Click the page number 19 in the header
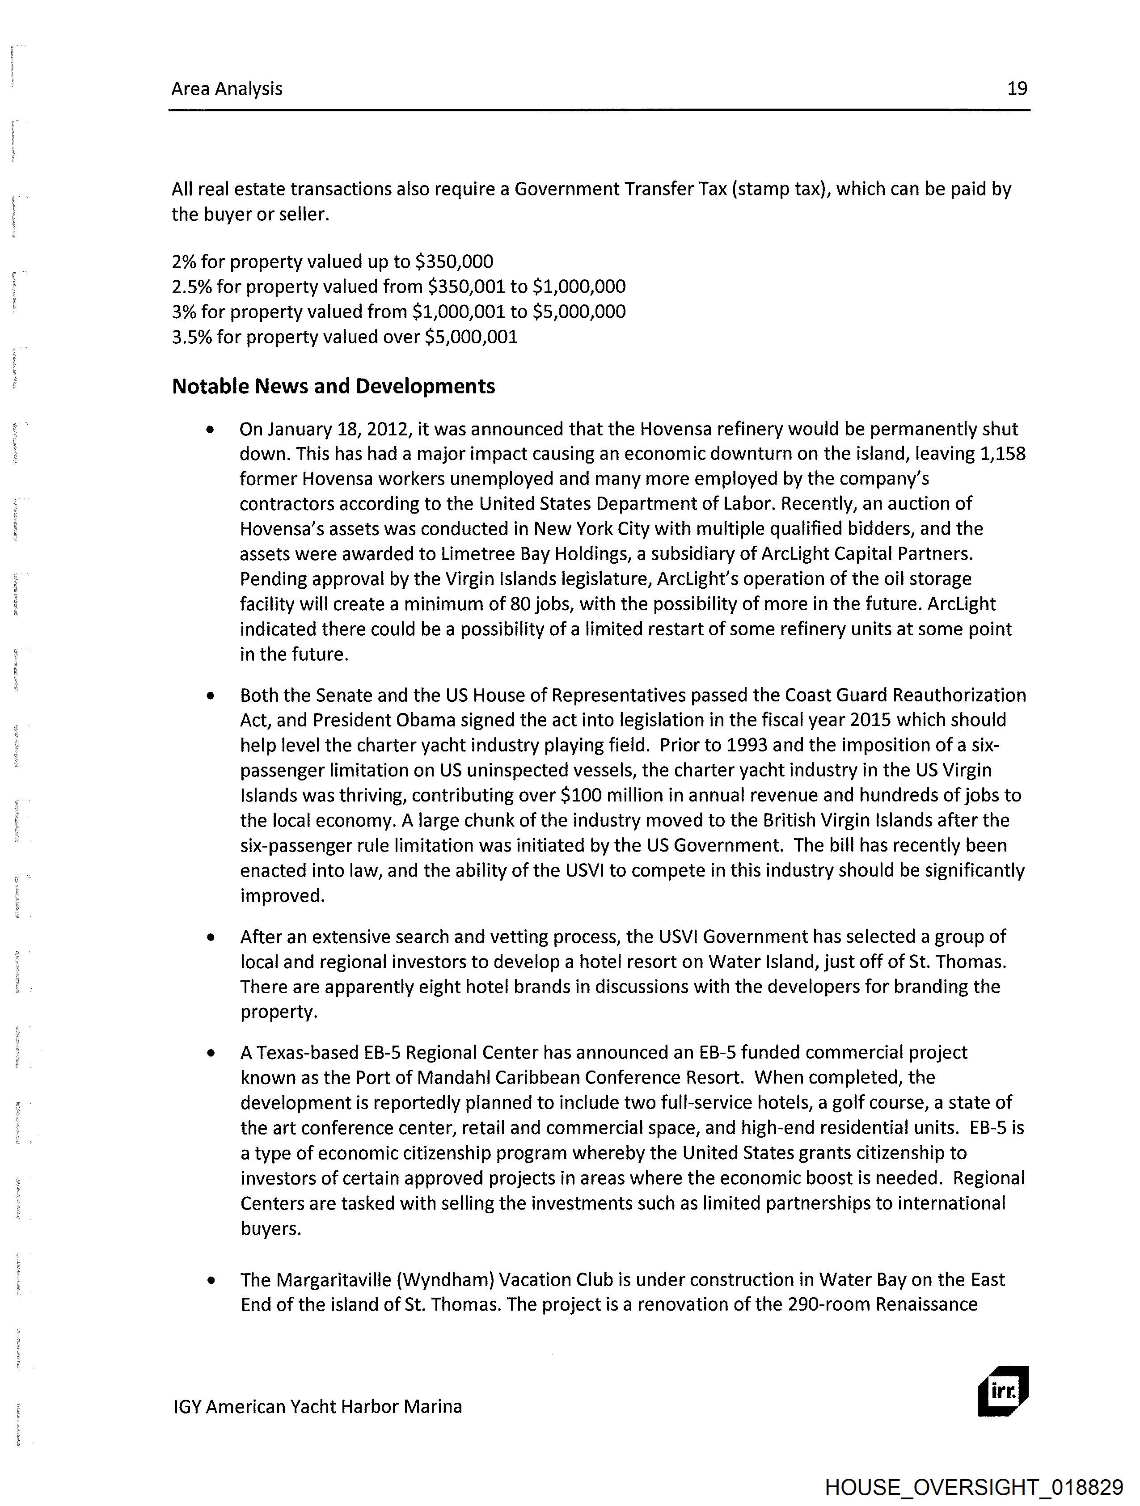point(1017,89)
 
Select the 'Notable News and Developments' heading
point(333,386)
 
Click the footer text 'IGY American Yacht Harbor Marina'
point(317,1407)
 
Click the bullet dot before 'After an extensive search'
point(212,937)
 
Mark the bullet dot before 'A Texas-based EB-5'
point(212,1053)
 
